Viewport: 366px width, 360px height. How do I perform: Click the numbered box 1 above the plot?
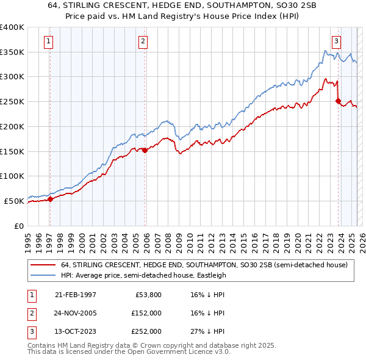[x=48, y=41]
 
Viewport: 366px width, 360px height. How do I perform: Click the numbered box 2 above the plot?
[x=143, y=41]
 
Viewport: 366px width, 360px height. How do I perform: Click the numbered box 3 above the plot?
[x=336, y=41]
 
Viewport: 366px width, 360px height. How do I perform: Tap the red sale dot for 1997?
[x=50, y=199]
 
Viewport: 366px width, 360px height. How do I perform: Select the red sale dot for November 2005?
[x=145, y=150]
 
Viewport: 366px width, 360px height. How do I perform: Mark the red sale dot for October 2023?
[x=338, y=101]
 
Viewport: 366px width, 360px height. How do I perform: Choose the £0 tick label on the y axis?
[x=18, y=226]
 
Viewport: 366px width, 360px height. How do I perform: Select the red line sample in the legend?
[x=43, y=265]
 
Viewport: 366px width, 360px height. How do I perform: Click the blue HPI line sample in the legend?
[x=43, y=275]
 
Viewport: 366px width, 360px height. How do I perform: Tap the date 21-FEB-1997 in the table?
[x=75, y=295]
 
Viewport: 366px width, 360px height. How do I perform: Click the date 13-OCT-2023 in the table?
[x=75, y=331]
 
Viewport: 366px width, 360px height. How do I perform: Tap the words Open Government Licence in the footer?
[x=177, y=351]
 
